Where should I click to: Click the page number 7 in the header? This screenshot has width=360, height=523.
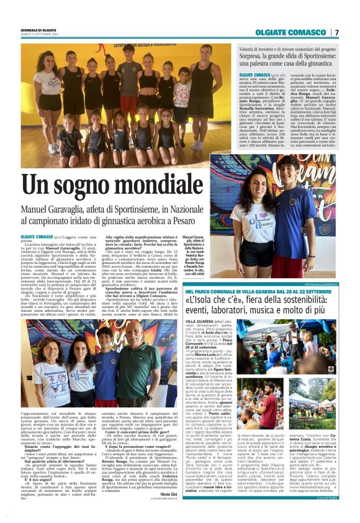336,32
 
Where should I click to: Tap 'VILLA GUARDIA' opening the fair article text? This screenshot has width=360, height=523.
196,321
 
